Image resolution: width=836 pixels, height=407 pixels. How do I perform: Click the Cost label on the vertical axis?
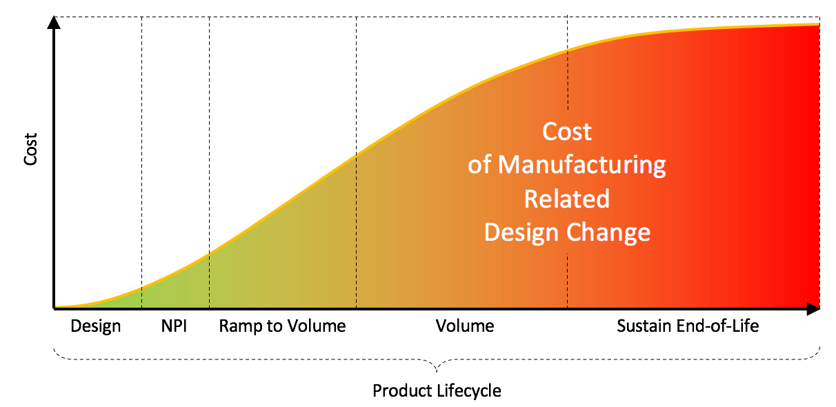[x=31, y=152]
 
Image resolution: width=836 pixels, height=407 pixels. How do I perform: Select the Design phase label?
[x=96, y=326]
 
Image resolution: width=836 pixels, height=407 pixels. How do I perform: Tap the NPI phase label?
[x=173, y=326]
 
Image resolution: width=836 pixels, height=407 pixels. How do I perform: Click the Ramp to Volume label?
[x=282, y=326]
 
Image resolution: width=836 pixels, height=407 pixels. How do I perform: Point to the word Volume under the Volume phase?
[x=465, y=326]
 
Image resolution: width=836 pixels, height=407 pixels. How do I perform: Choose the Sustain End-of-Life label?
[x=688, y=326]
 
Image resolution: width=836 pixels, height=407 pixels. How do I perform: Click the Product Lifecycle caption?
[x=437, y=391]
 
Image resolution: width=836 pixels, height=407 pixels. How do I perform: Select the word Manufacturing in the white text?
[x=582, y=165]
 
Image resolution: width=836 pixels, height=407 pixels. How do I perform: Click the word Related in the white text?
[x=567, y=199]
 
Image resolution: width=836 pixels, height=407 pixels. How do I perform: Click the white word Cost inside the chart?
[x=567, y=131]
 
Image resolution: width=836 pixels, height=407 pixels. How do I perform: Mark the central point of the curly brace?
[x=437, y=365]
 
